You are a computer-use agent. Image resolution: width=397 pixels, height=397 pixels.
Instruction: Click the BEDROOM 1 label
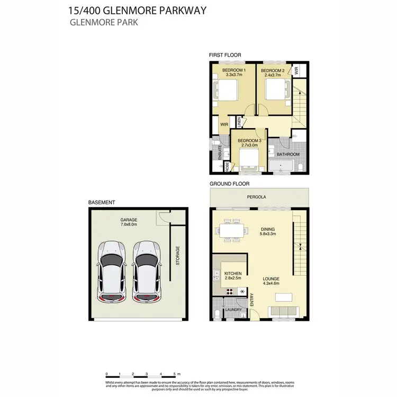(x=233, y=70)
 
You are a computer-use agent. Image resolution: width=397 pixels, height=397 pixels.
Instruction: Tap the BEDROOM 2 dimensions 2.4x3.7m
(x=273, y=76)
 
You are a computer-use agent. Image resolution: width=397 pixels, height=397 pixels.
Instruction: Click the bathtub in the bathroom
(x=280, y=168)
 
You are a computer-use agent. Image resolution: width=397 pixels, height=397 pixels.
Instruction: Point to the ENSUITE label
(x=220, y=153)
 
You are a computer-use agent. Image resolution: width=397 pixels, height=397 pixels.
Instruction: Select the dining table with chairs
(x=231, y=231)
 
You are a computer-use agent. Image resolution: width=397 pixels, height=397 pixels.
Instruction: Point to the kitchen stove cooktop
(x=231, y=291)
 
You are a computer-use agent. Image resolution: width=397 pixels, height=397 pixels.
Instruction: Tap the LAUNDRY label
(x=233, y=310)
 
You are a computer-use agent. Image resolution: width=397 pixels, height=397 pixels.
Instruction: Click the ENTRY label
(x=252, y=301)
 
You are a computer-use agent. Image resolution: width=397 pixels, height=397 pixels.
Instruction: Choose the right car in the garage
(x=145, y=272)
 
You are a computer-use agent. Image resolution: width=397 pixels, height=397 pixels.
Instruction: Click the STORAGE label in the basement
(x=178, y=255)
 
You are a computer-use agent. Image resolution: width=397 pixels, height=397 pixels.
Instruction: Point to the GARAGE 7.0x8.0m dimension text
(x=129, y=224)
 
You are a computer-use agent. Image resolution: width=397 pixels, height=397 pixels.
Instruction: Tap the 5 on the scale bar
(x=173, y=374)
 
